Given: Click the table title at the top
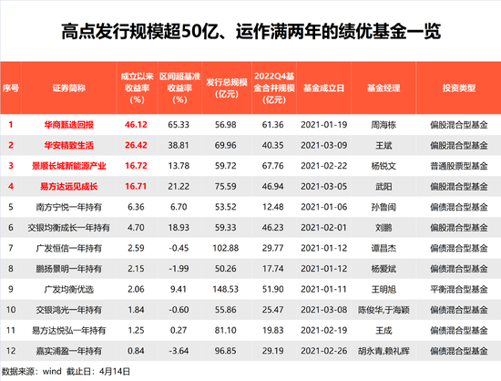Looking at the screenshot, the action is (250, 31).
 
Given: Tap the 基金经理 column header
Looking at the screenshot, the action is (383, 88).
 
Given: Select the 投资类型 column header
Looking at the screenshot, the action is (459, 88).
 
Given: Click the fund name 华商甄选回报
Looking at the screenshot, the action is (68, 125).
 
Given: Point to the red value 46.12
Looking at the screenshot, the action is (136, 125).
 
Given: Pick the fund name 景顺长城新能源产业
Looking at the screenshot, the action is (68, 166).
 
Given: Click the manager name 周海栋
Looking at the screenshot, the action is (383, 125).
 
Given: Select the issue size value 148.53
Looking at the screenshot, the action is (226, 289).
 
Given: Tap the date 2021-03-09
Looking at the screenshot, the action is (323, 146).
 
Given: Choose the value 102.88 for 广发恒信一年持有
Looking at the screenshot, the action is (226, 248).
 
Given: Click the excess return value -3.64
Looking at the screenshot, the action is (179, 351).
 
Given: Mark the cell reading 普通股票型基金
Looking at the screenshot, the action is (459, 166).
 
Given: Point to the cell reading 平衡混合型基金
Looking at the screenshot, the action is (459, 289).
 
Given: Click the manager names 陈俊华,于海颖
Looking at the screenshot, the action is (383, 310).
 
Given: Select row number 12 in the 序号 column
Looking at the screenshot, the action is (11, 351).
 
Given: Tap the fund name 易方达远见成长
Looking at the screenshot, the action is (68, 186).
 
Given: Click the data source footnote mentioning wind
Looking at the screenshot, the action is (66, 371).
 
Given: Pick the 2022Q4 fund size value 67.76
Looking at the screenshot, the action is (272, 166).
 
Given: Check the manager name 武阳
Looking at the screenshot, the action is (383, 186).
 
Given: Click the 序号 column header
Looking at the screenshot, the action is (11, 88).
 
